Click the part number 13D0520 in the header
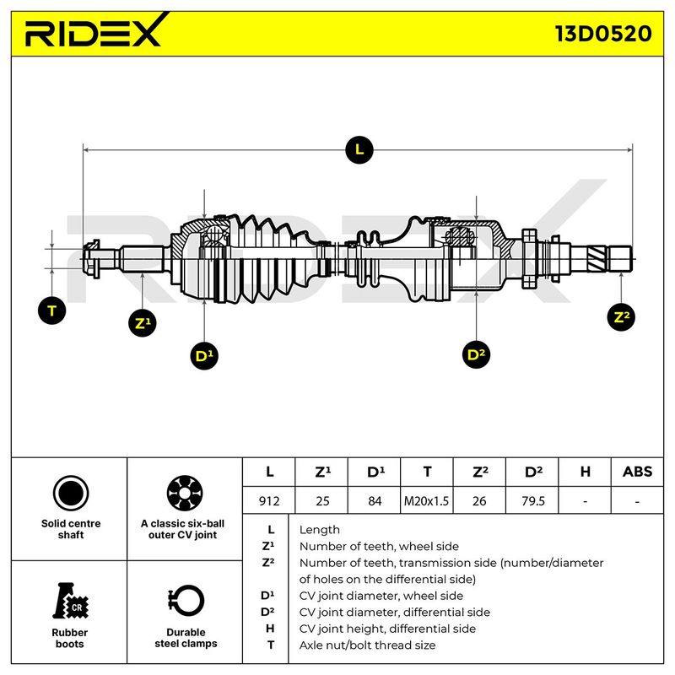click(x=603, y=34)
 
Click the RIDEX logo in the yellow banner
click(x=97, y=30)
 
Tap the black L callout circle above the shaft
click(x=359, y=150)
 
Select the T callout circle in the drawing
click(x=52, y=310)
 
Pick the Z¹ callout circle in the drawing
click(x=143, y=323)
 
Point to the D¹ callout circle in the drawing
click(x=204, y=356)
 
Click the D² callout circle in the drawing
click(x=476, y=354)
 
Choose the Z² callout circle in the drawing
click(x=621, y=317)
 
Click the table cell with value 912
click(x=269, y=501)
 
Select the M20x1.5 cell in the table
click(x=426, y=501)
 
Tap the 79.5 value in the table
click(x=532, y=501)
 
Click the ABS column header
click(x=637, y=472)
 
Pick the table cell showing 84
click(x=375, y=501)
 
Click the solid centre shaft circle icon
click(x=71, y=494)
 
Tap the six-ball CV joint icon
click(x=185, y=494)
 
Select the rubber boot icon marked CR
click(x=70, y=601)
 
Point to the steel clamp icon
click(x=186, y=601)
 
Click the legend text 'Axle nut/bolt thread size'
click(x=367, y=645)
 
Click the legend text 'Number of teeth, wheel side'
click(x=379, y=546)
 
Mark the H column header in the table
click(x=585, y=472)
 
